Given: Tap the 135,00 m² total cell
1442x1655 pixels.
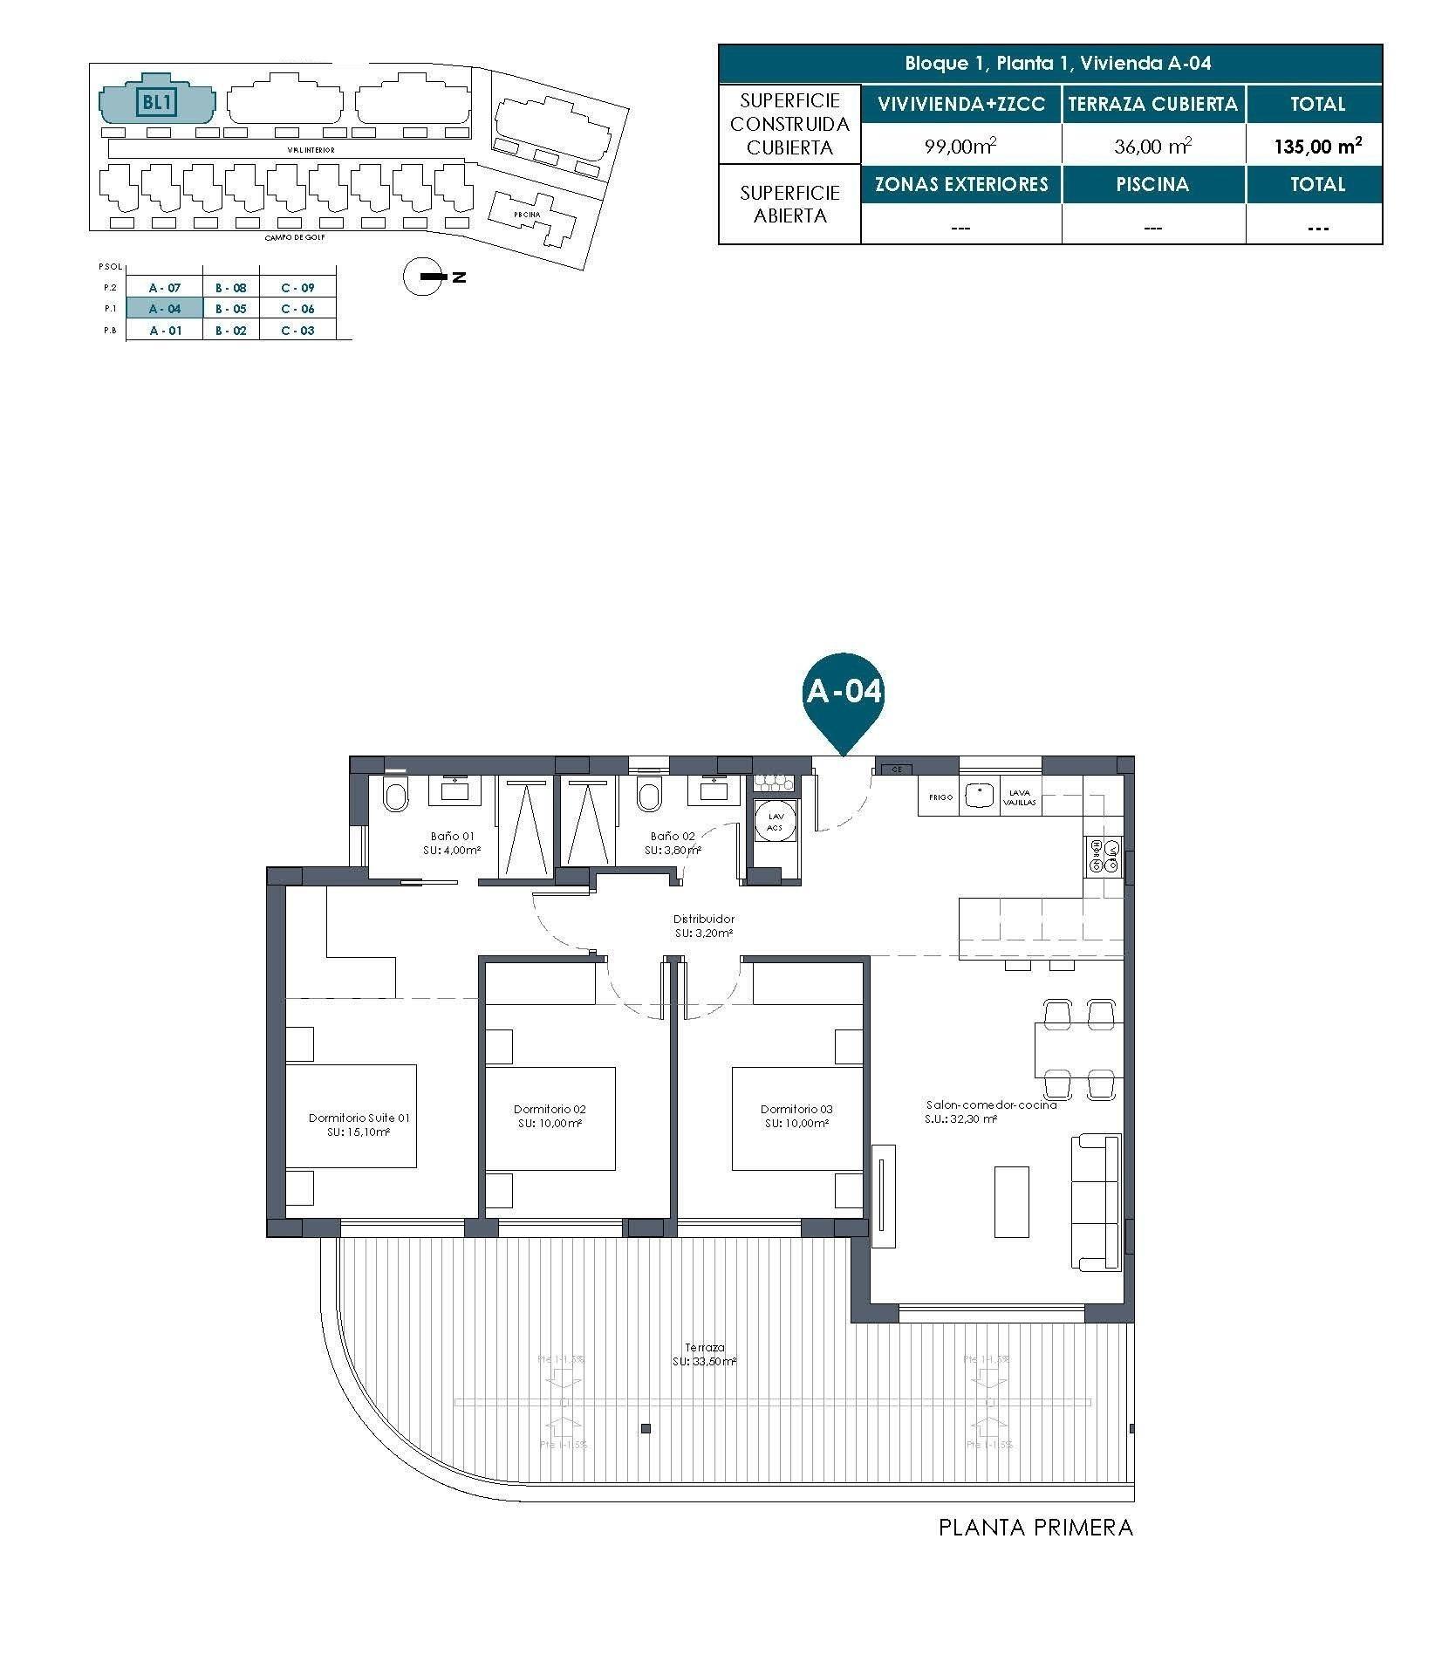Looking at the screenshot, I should (1316, 146).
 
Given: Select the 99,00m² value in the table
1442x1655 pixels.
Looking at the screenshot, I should (960, 147).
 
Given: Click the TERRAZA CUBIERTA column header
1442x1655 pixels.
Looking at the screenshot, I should (1152, 105).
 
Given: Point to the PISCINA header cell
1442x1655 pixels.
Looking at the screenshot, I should (1152, 185).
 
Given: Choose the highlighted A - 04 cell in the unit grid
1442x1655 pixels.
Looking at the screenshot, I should (164, 309).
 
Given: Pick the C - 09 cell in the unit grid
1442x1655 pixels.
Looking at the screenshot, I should (297, 288).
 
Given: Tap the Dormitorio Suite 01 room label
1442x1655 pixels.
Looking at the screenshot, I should (359, 1124).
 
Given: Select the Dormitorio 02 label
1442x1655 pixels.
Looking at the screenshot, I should (550, 1116).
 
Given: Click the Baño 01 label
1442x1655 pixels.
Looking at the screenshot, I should (452, 842).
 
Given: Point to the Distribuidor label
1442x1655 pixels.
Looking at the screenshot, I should (703, 925).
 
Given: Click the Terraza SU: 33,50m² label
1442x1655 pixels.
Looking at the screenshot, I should (704, 1353).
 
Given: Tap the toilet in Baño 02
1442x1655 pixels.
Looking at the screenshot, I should (649, 796).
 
